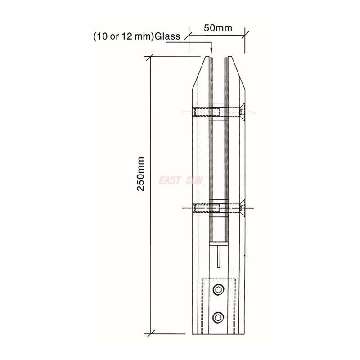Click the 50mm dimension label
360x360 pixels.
[218, 28]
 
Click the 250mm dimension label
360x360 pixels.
[140, 174]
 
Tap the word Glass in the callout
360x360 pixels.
[167, 36]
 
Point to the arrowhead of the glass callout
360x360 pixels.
[211, 50]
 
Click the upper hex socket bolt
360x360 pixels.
[218, 290]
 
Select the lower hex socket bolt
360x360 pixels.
[218, 318]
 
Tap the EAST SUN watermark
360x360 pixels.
[181, 180]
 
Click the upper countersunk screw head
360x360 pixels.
[242, 112]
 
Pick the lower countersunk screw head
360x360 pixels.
[242, 208]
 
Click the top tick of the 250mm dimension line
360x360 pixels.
[150, 57]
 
